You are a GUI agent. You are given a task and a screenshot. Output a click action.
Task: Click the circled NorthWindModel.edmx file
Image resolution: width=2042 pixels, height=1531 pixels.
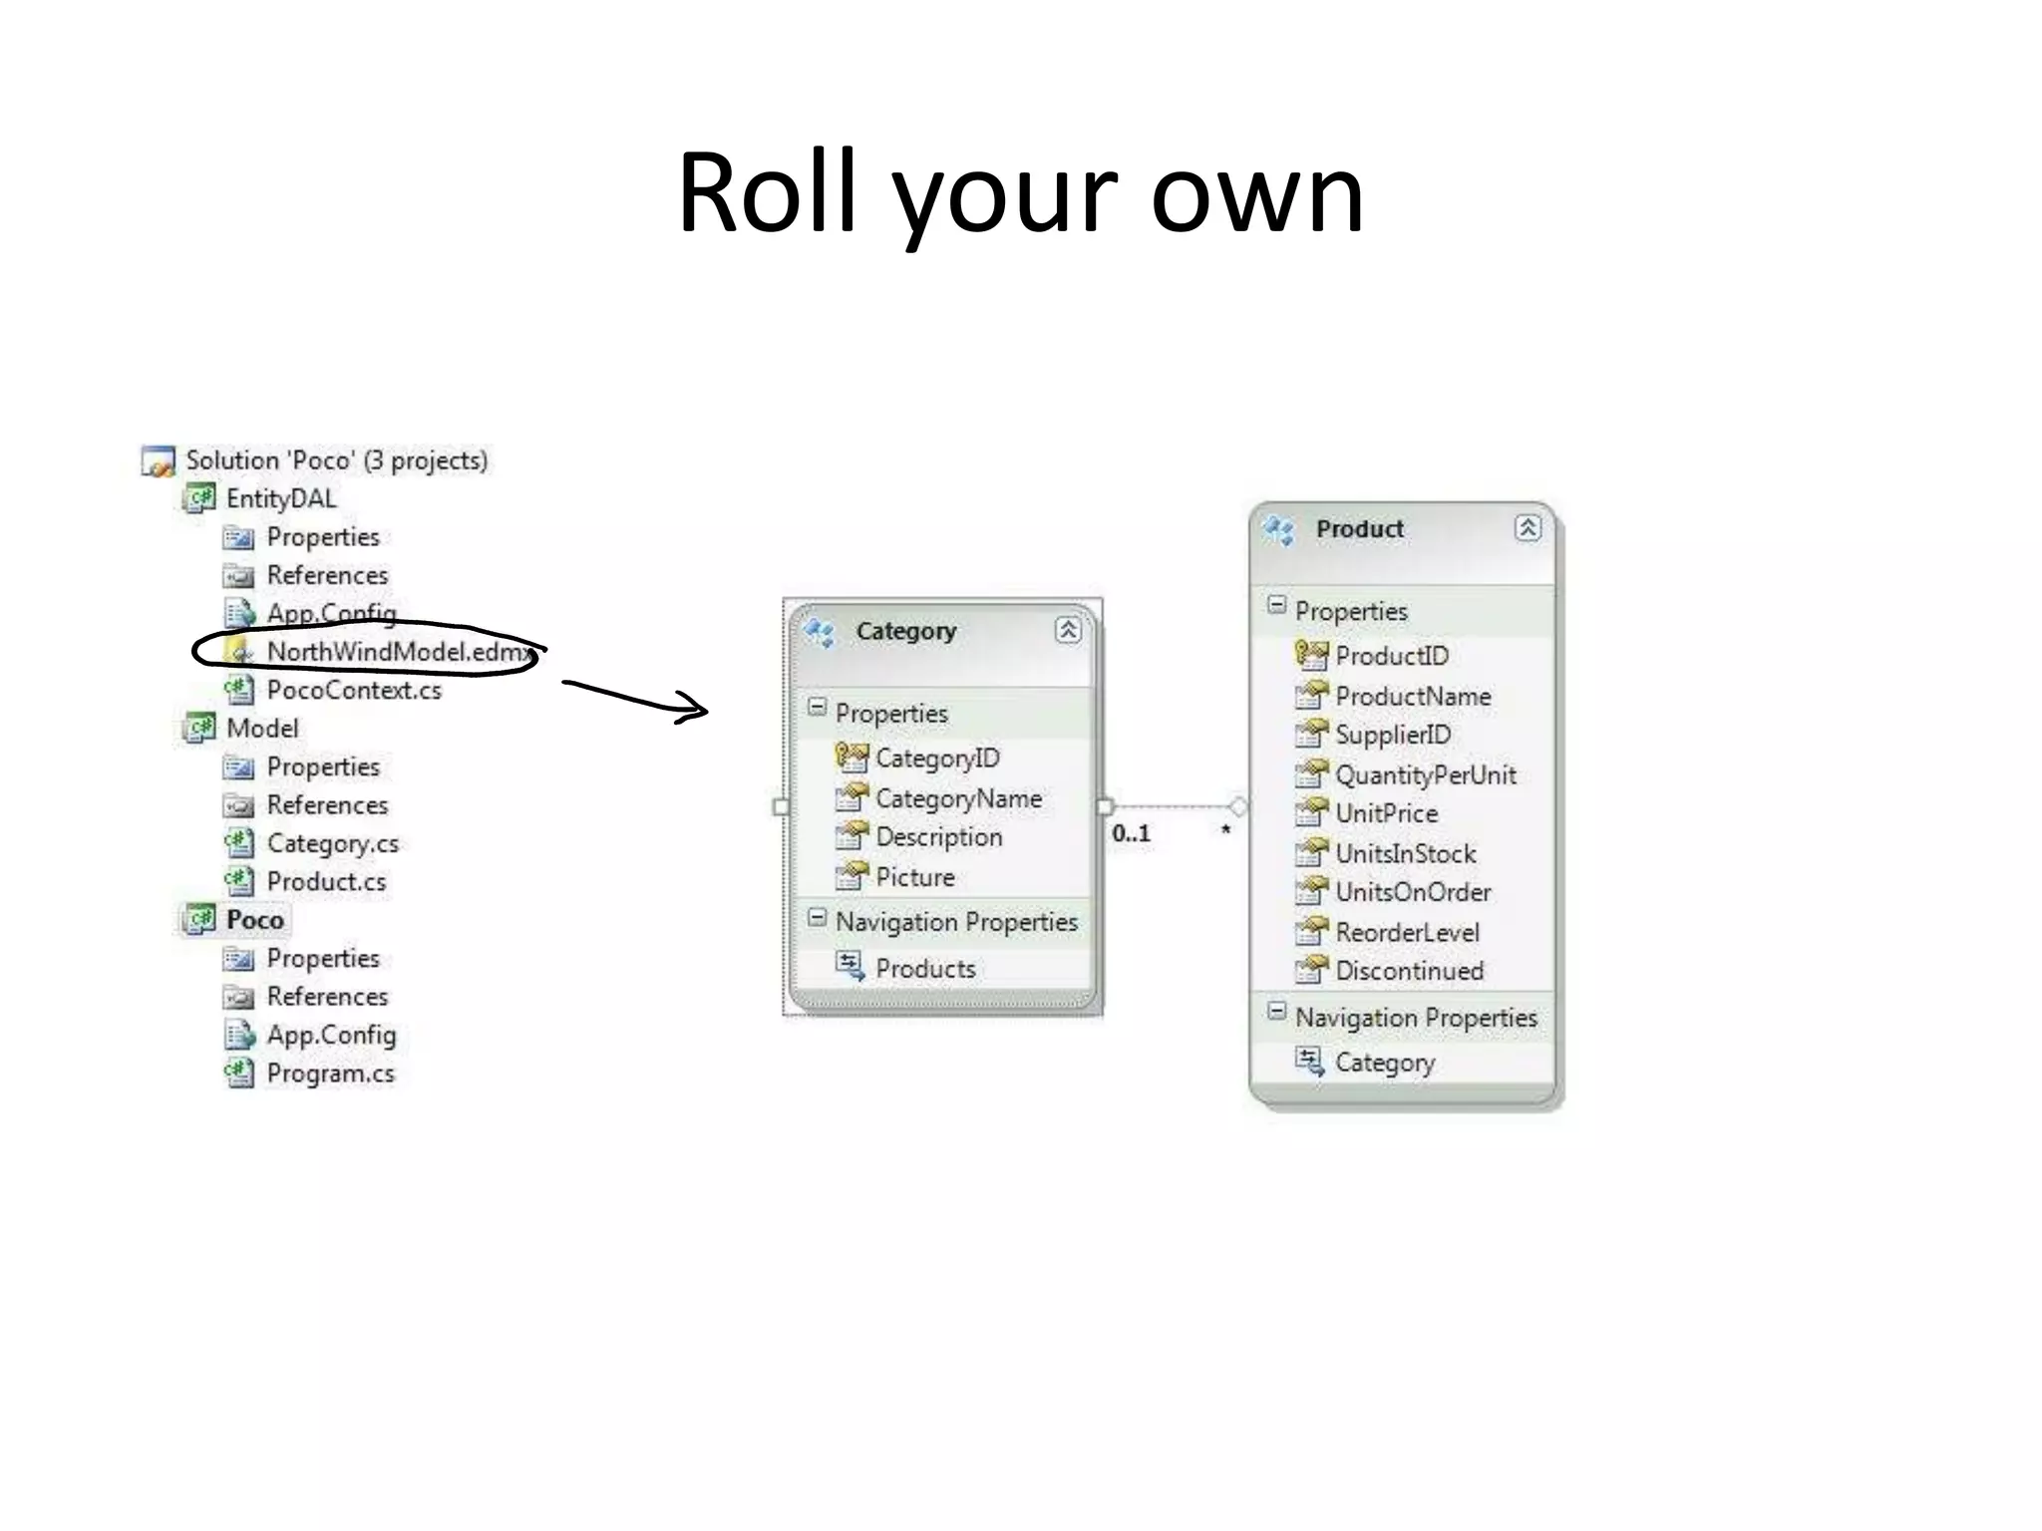pos(397,652)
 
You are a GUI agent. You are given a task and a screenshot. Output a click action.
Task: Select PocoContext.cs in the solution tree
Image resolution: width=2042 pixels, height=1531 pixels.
pos(353,690)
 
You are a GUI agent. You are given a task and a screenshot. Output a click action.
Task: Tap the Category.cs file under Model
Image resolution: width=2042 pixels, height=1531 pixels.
pos(332,843)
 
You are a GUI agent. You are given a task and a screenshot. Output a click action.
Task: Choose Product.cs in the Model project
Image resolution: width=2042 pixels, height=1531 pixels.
pos(326,882)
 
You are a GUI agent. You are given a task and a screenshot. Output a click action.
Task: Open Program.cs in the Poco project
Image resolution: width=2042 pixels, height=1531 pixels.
pos(330,1073)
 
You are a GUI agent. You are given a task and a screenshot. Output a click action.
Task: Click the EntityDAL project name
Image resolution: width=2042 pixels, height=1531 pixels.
pos(280,498)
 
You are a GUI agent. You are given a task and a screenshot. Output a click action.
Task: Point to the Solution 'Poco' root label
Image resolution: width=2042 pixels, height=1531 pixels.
pos(336,460)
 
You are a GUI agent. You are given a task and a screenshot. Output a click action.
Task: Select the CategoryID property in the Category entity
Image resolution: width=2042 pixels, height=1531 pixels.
pos(936,759)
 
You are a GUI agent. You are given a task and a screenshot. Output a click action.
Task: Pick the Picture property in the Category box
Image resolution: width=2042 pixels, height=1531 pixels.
pos(914,877)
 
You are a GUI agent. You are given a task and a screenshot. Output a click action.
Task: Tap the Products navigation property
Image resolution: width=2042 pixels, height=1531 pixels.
pos(924,968)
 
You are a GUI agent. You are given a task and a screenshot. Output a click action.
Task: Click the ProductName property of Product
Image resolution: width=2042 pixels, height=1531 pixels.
pos(1412,696)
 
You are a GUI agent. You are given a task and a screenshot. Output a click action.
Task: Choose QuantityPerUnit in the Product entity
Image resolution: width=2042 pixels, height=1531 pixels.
pos(1425,774)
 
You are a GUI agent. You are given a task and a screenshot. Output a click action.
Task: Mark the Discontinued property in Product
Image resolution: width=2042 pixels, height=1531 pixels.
pos(1409,971)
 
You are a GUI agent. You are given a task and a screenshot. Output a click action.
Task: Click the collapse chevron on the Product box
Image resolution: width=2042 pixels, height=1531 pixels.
pos(1528,528)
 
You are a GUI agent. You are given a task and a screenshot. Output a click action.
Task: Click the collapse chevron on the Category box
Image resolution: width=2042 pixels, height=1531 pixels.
pos(1068,630)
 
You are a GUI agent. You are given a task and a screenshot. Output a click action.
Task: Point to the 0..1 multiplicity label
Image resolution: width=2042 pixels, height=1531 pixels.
pos(1131,833)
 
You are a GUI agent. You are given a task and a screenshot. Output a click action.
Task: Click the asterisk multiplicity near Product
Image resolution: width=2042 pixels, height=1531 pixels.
pos(1225,830)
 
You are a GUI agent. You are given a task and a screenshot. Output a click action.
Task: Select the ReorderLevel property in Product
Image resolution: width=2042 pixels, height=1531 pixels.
pos(1407,932)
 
